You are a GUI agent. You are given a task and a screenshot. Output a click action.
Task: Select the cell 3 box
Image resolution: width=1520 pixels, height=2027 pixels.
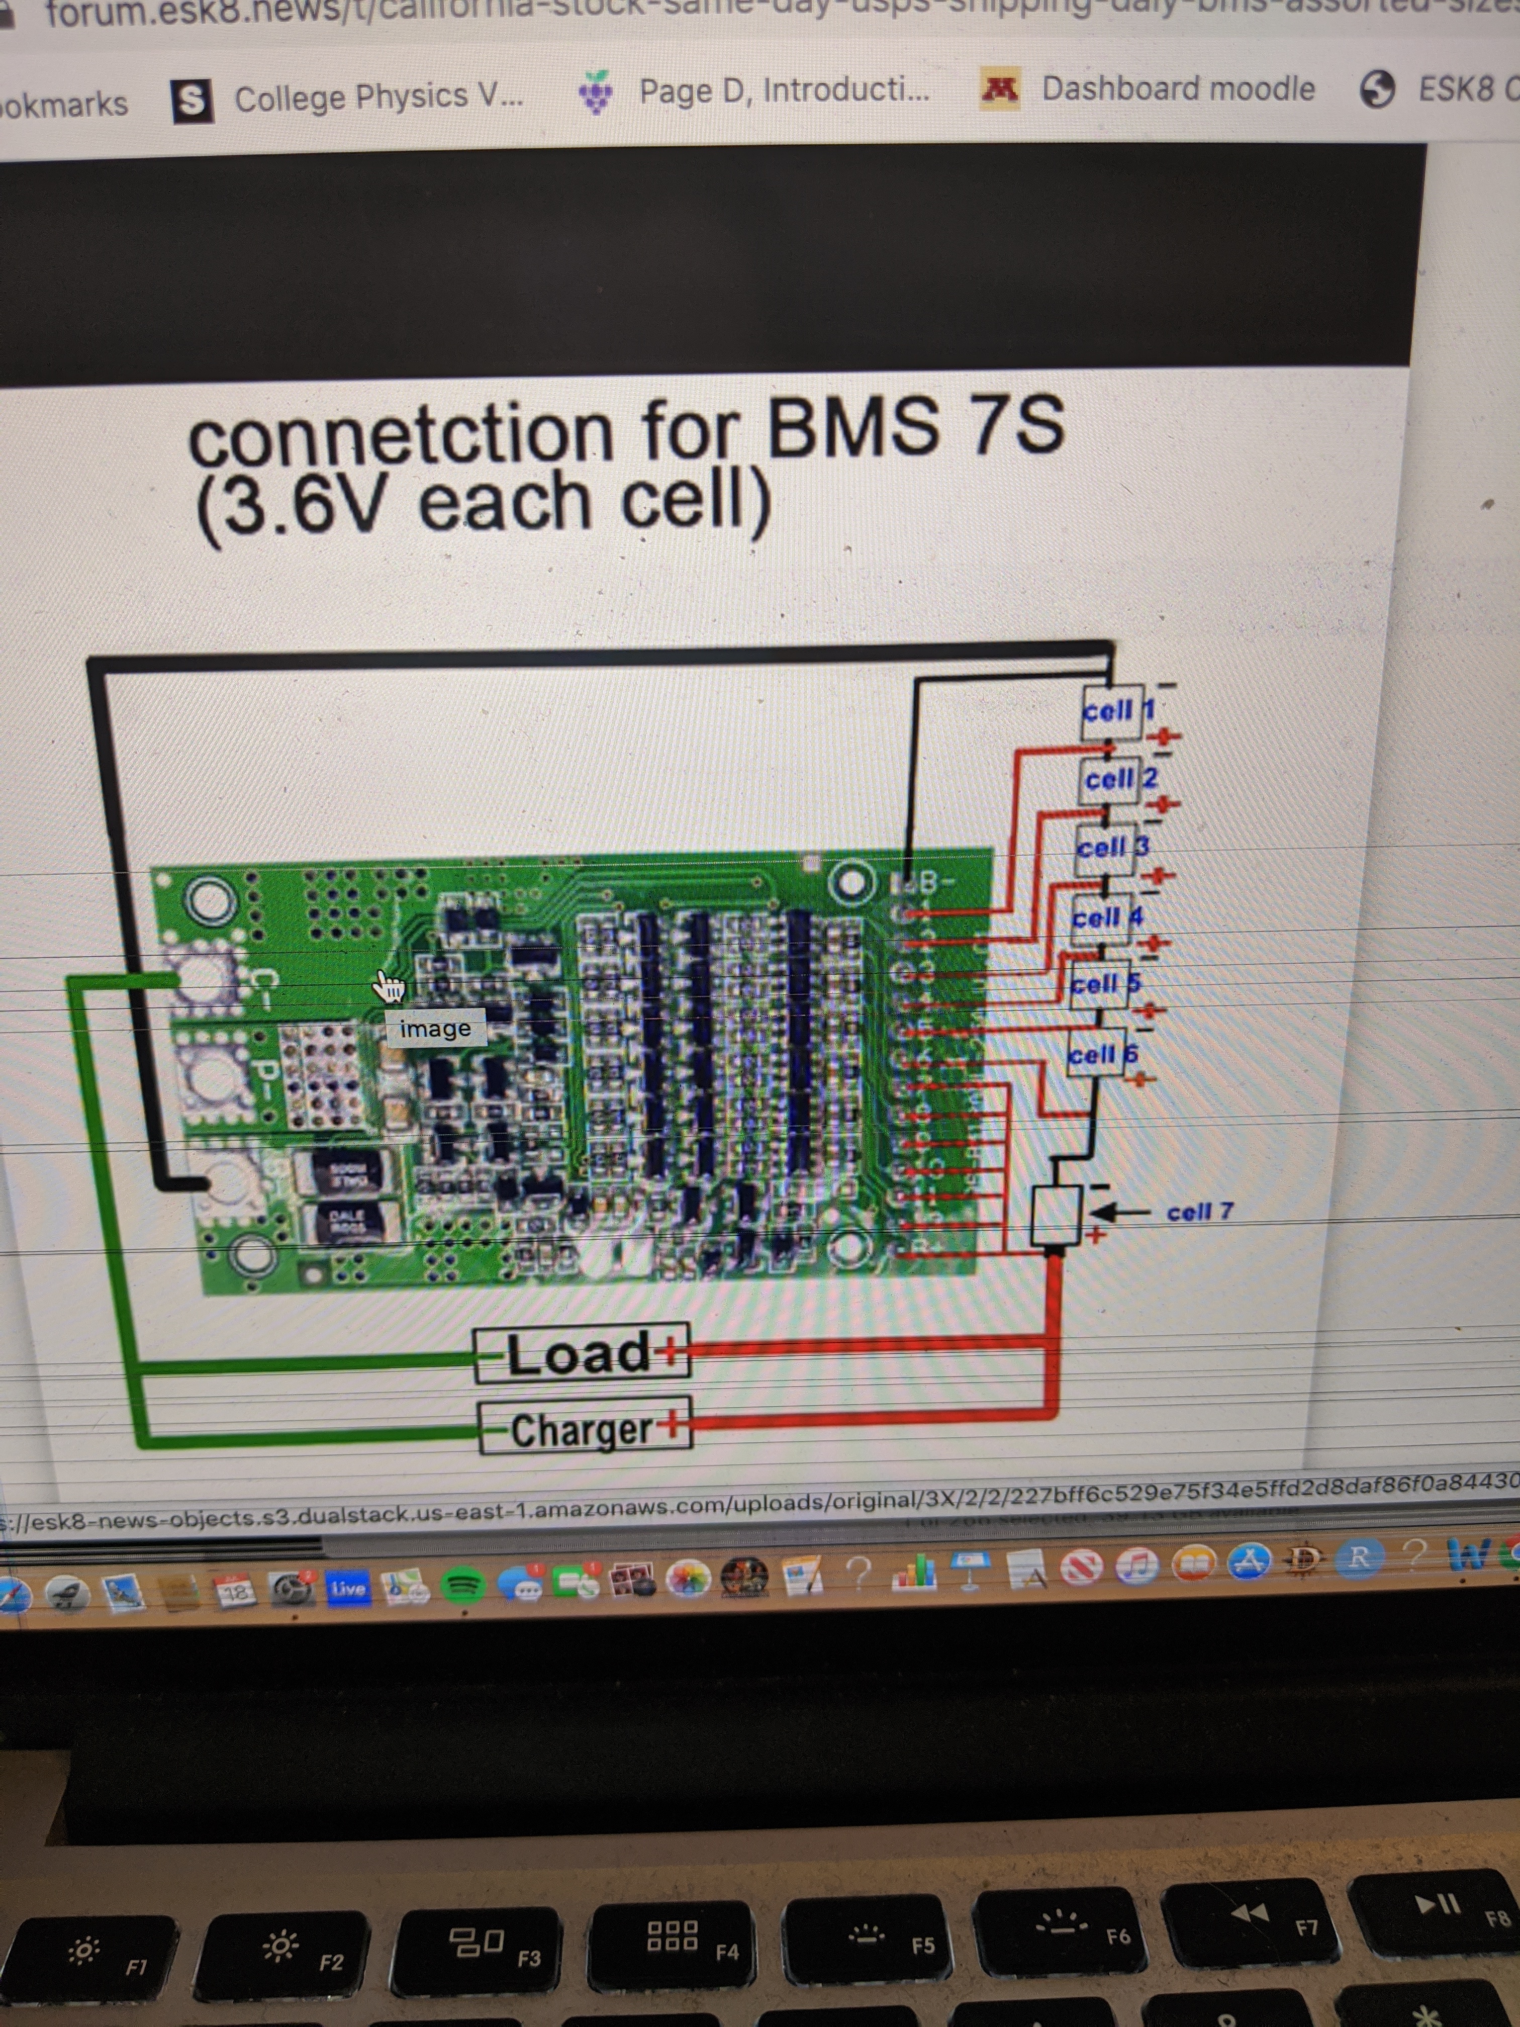pyautogui.click(x=1110, y=848)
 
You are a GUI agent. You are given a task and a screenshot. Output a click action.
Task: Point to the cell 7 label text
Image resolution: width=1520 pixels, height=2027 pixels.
pyautogui.click(x=1199, y=1212)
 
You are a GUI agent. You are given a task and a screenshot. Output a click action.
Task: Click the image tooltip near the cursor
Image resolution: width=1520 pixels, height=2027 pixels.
pyautogui.click(x=435, y=1028)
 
